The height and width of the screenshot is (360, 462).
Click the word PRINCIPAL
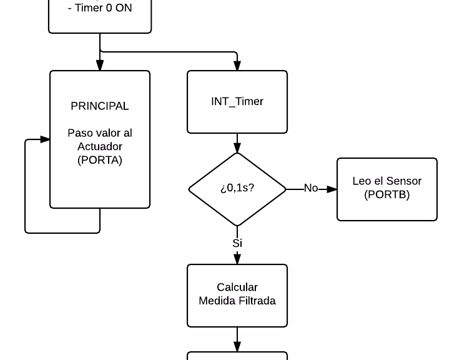(100, 106)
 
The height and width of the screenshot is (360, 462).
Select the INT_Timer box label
(237, 102)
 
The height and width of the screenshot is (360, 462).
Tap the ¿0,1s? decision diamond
(237, 188)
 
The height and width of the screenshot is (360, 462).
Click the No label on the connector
(310, 188)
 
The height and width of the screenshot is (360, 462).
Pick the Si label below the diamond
(237, 243)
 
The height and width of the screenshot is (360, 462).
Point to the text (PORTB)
(387, 194)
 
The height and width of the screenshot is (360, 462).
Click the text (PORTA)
(100, 160)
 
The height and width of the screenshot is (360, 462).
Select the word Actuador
(100, 146)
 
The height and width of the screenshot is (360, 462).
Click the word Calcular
(237, 287)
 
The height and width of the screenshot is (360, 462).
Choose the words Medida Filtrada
(237, 301)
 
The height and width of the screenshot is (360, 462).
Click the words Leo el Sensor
(387, 181)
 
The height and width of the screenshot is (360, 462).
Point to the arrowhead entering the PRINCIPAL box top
(100, 66)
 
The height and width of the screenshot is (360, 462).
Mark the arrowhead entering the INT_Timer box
(237, 66)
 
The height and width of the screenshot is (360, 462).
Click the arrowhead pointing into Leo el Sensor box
(332, 189)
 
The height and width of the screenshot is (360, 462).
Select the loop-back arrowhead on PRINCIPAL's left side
(45, 139)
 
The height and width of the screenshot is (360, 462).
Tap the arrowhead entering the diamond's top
(237, 148)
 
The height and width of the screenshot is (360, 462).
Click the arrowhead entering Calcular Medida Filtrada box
(237, 259)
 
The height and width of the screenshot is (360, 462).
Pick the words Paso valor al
(100, 133)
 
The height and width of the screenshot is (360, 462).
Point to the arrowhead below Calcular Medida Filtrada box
(237, 347)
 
